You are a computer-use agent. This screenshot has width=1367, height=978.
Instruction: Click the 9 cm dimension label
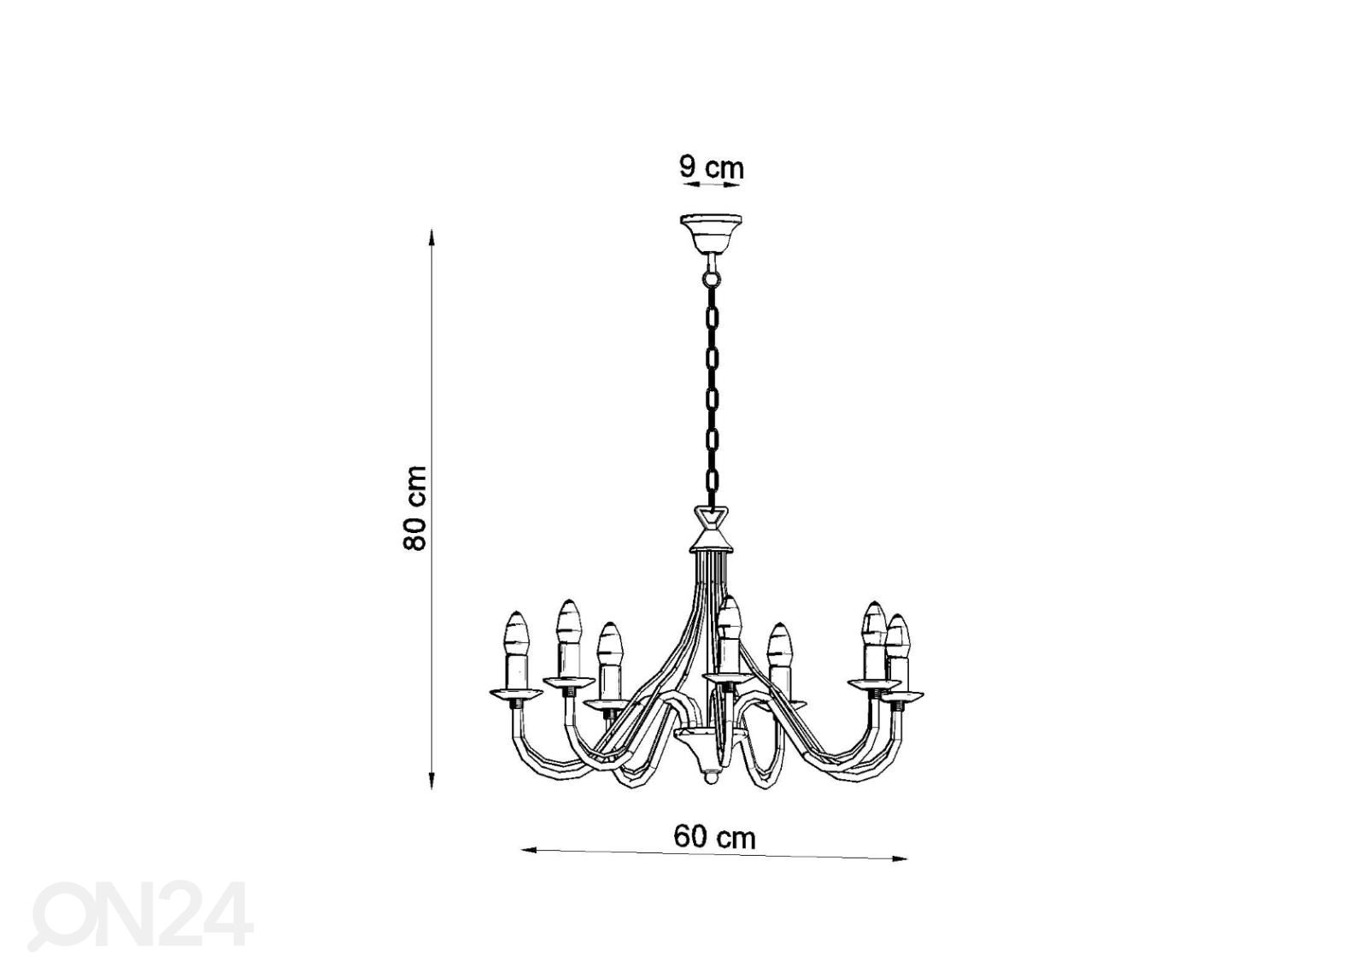(712, 167)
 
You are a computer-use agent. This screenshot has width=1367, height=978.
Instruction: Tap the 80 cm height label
(415, 507)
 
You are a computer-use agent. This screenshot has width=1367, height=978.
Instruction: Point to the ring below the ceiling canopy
(711, 279)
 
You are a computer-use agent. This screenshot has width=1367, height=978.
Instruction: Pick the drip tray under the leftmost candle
(516, 694)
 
